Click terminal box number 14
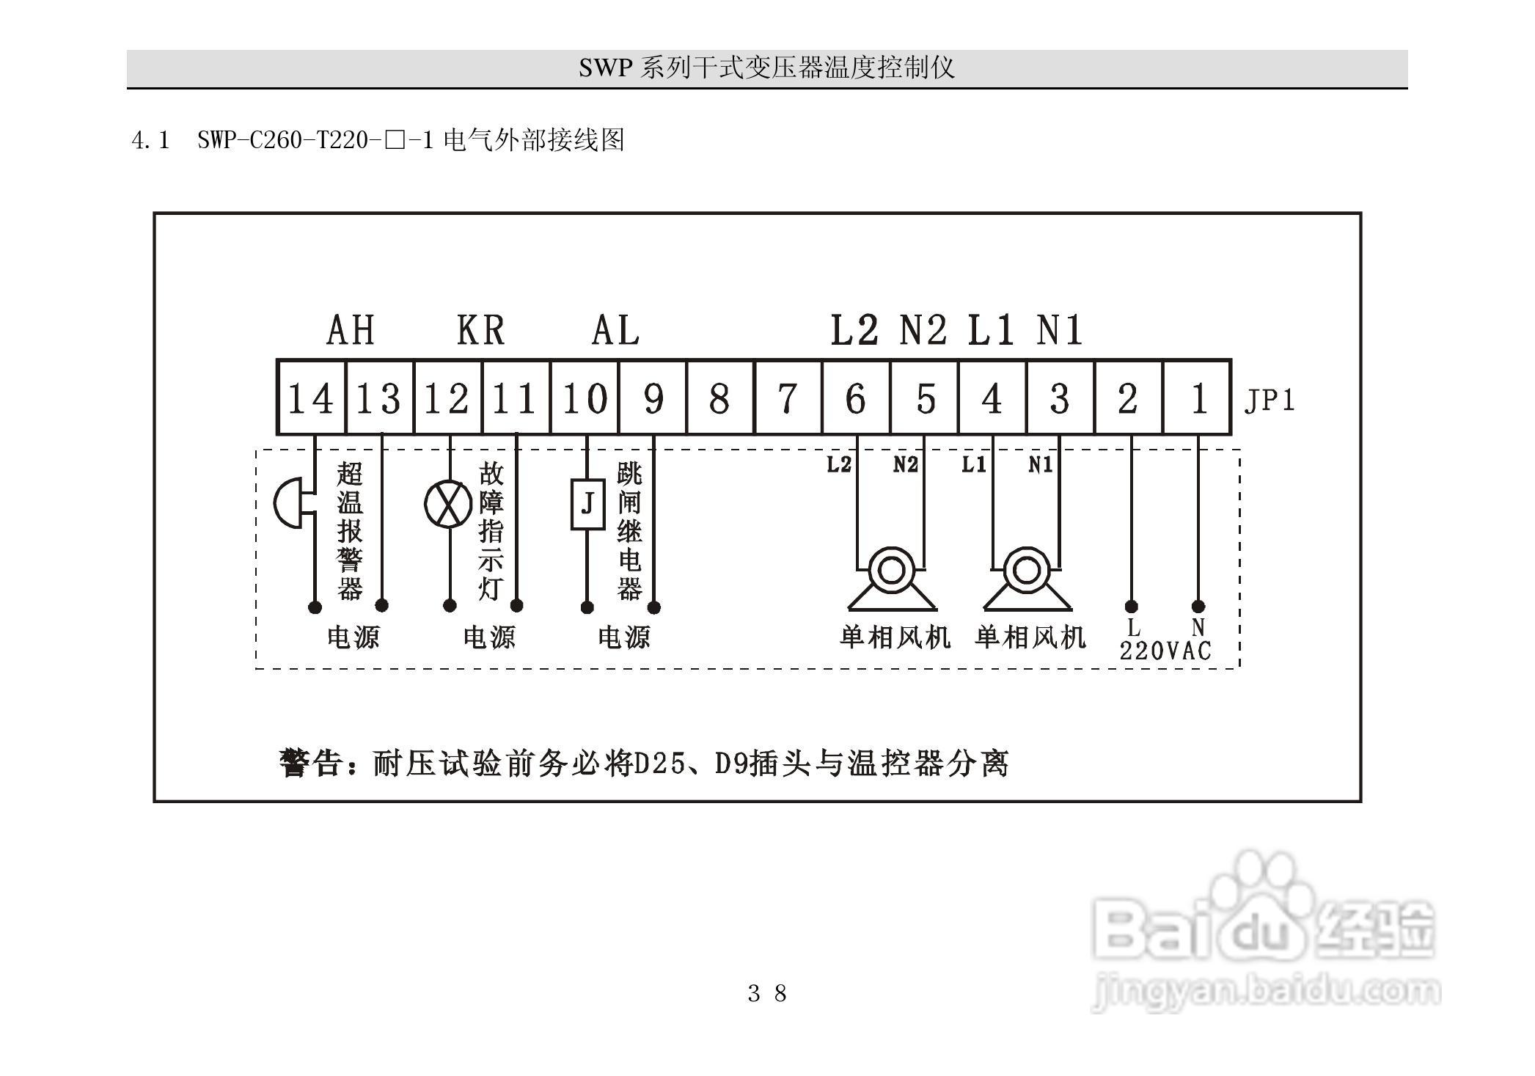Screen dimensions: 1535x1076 pyautogui.click(x=310, y=398)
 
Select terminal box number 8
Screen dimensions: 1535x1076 pyautogui.click(x=719, y=398)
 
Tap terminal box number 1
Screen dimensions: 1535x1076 pyautogui.click(x=1198, y=398)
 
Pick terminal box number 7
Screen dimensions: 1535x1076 pyautogui.click(x=787, y=398)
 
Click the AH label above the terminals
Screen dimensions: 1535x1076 pyautogui.click(x=351, y=330)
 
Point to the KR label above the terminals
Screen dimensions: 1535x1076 pyautogui.click(x=480, y=330)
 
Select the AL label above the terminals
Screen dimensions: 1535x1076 pyautogui.click(x=615, y=330)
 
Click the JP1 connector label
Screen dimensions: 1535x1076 pyautogui.click(x=1270, y=400)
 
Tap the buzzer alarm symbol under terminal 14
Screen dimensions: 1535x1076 pyautogui.click(x=292, y=503)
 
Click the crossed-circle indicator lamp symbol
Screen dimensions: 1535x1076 pyautogui.click(x=448, y=505)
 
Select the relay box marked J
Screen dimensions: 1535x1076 pyautogui.click(x=587, y=505)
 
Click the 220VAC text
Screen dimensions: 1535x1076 pyautogui.click(x=1165, y=651)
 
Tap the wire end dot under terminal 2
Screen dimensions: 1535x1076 pyautogui.click(x=1131, y=607)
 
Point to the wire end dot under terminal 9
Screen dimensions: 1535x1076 pyautogui.click(x=654, y=607)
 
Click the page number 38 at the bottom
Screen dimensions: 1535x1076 pyautogui.click(x=767, y=993)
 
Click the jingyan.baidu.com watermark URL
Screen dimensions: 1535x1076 pyautogui.click(x=1265, y=992)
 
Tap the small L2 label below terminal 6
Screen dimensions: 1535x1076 pyautogui.click(x=839, y=464)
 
